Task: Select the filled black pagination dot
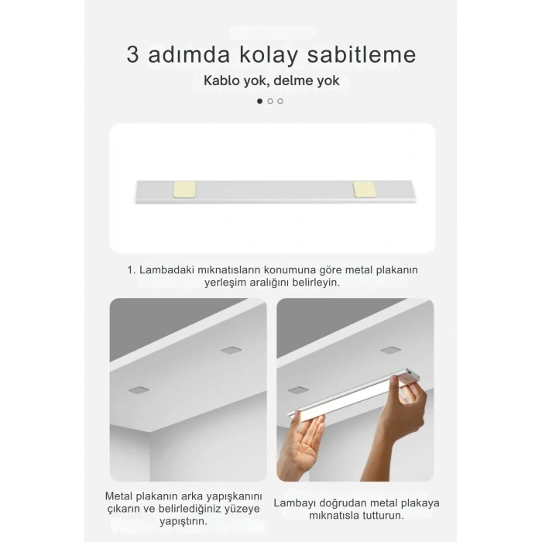click(x=259, y=101)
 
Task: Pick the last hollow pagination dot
click(x=280, y=101)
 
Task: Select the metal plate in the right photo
click(x=297, y=389)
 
